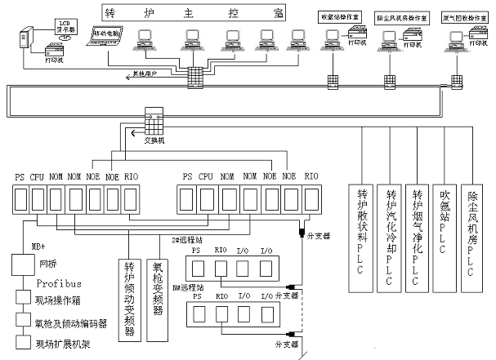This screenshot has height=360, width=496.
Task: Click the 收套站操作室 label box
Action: coord(338,16)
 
